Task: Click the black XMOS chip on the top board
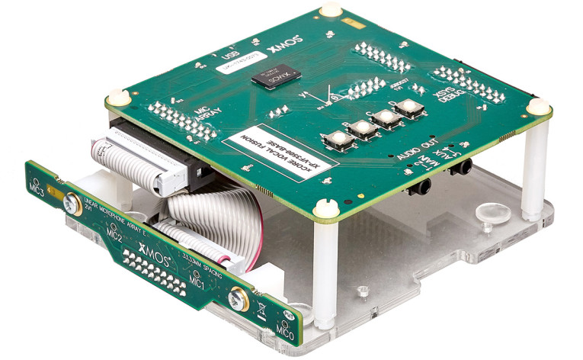tap(276, 78)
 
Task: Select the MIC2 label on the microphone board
tap(114, 234)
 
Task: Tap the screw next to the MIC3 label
tap(70, 204)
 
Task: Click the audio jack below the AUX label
tap(459, 166)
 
